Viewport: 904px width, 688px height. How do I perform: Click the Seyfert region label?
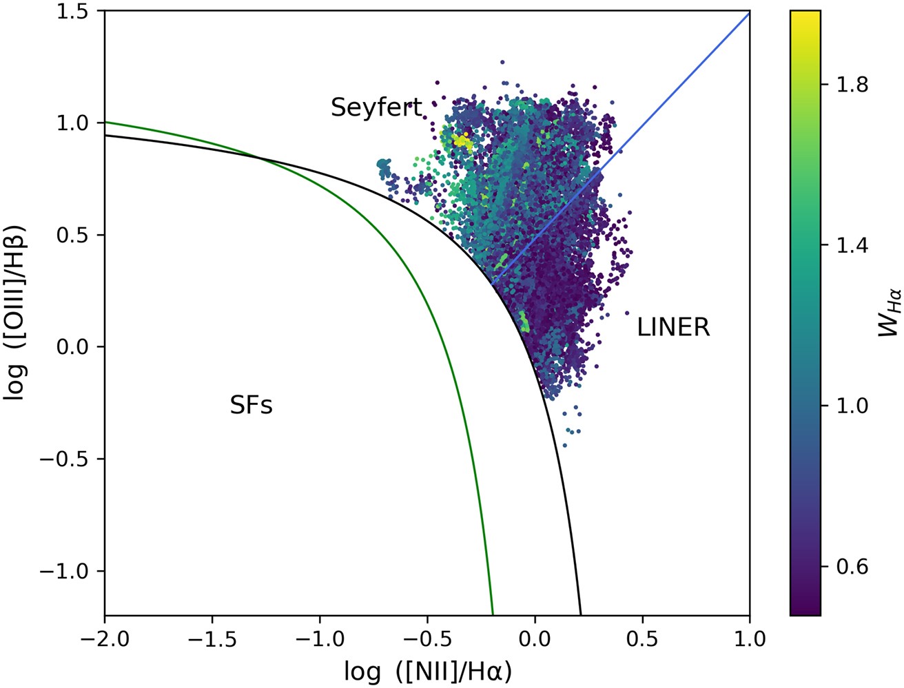(x=376, y=107)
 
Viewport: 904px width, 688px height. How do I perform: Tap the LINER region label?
(x=672, y=327)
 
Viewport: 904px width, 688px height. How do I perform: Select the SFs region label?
(x=251, y=406)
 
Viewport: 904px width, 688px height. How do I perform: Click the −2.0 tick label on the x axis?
(x=105, y=639)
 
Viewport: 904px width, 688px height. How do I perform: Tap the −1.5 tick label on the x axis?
(x=212, y=639)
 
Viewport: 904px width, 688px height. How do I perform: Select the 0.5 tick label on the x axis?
(x=642, y=639)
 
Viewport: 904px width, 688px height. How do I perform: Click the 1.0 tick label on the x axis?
(x=750, y=639)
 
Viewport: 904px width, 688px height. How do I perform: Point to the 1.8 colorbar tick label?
(x=852, y=85)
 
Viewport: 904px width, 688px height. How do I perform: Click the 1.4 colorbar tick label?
(x=852, y=246)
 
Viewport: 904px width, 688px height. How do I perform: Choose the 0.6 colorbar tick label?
(x=852, y=567)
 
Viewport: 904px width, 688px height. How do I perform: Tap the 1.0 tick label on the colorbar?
(x=852, y=406)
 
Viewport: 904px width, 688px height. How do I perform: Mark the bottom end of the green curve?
(x=493, y=614)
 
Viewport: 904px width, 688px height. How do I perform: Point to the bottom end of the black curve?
(x=581, y=614)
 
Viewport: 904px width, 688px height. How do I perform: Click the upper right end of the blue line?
(x=749, y=12)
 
